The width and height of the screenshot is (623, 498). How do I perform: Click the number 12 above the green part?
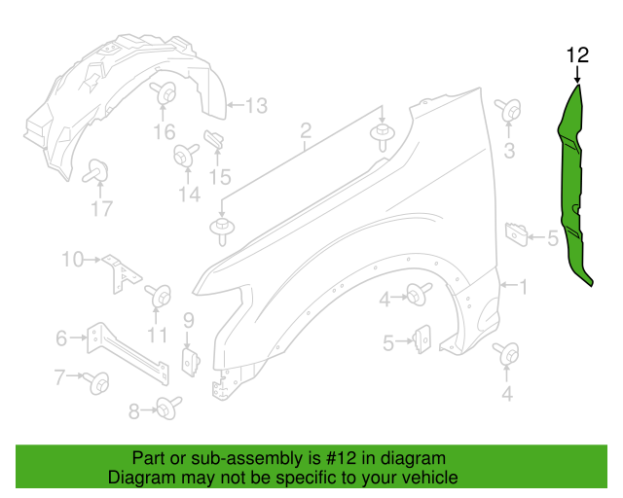577,54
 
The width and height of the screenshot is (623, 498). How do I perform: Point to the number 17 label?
102,207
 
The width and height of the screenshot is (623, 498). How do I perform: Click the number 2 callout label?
305,130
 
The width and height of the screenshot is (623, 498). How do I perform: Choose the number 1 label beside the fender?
523,286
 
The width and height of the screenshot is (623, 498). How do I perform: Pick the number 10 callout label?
73,259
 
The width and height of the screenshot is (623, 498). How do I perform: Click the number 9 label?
188,318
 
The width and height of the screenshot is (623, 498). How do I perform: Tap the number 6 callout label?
61,338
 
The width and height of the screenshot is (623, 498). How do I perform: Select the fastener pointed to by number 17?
97,169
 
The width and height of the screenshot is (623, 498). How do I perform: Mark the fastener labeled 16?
164,97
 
